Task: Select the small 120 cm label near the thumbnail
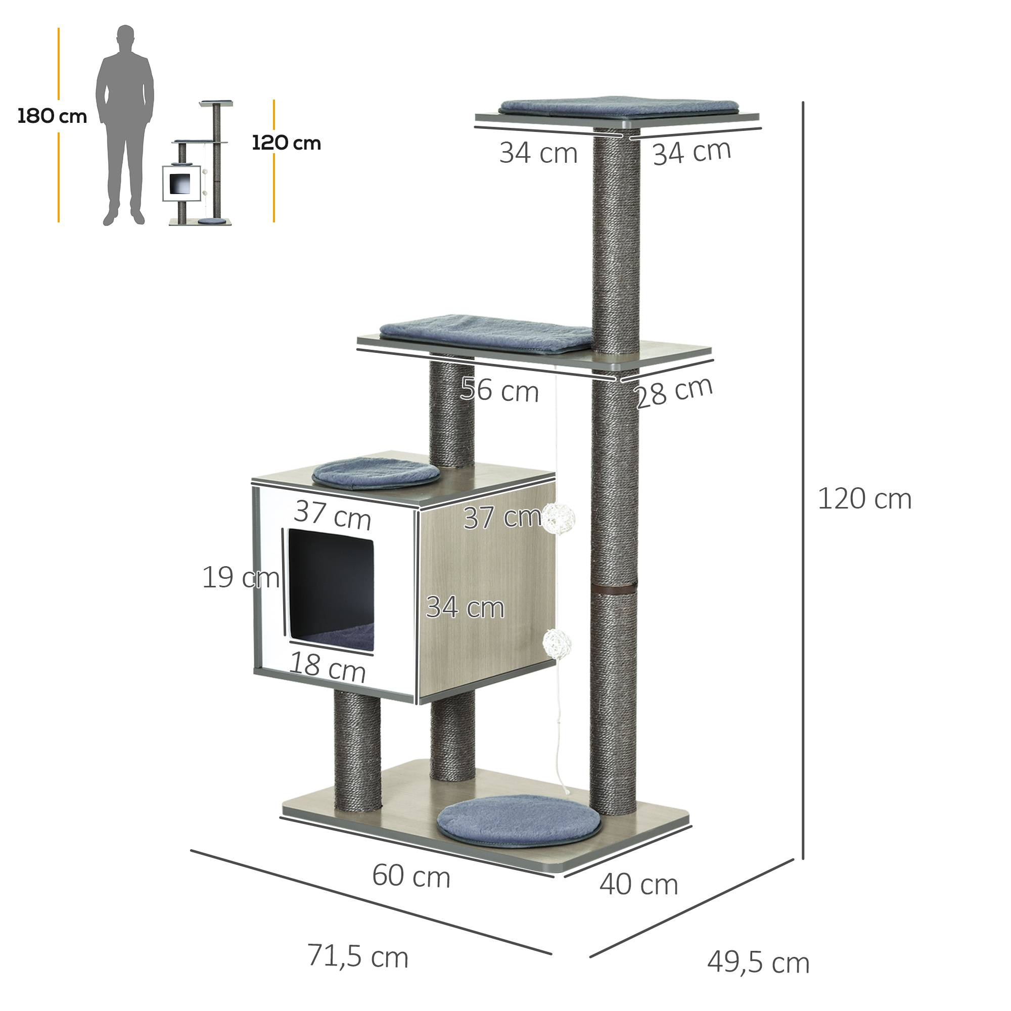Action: [286, 143]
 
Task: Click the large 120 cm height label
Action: [864, 499]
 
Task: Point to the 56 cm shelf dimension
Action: [500, 390]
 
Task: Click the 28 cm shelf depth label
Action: [674, 392]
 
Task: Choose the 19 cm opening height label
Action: [241, 578]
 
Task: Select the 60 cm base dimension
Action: [411, 876]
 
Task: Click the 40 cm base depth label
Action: [639, 884]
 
